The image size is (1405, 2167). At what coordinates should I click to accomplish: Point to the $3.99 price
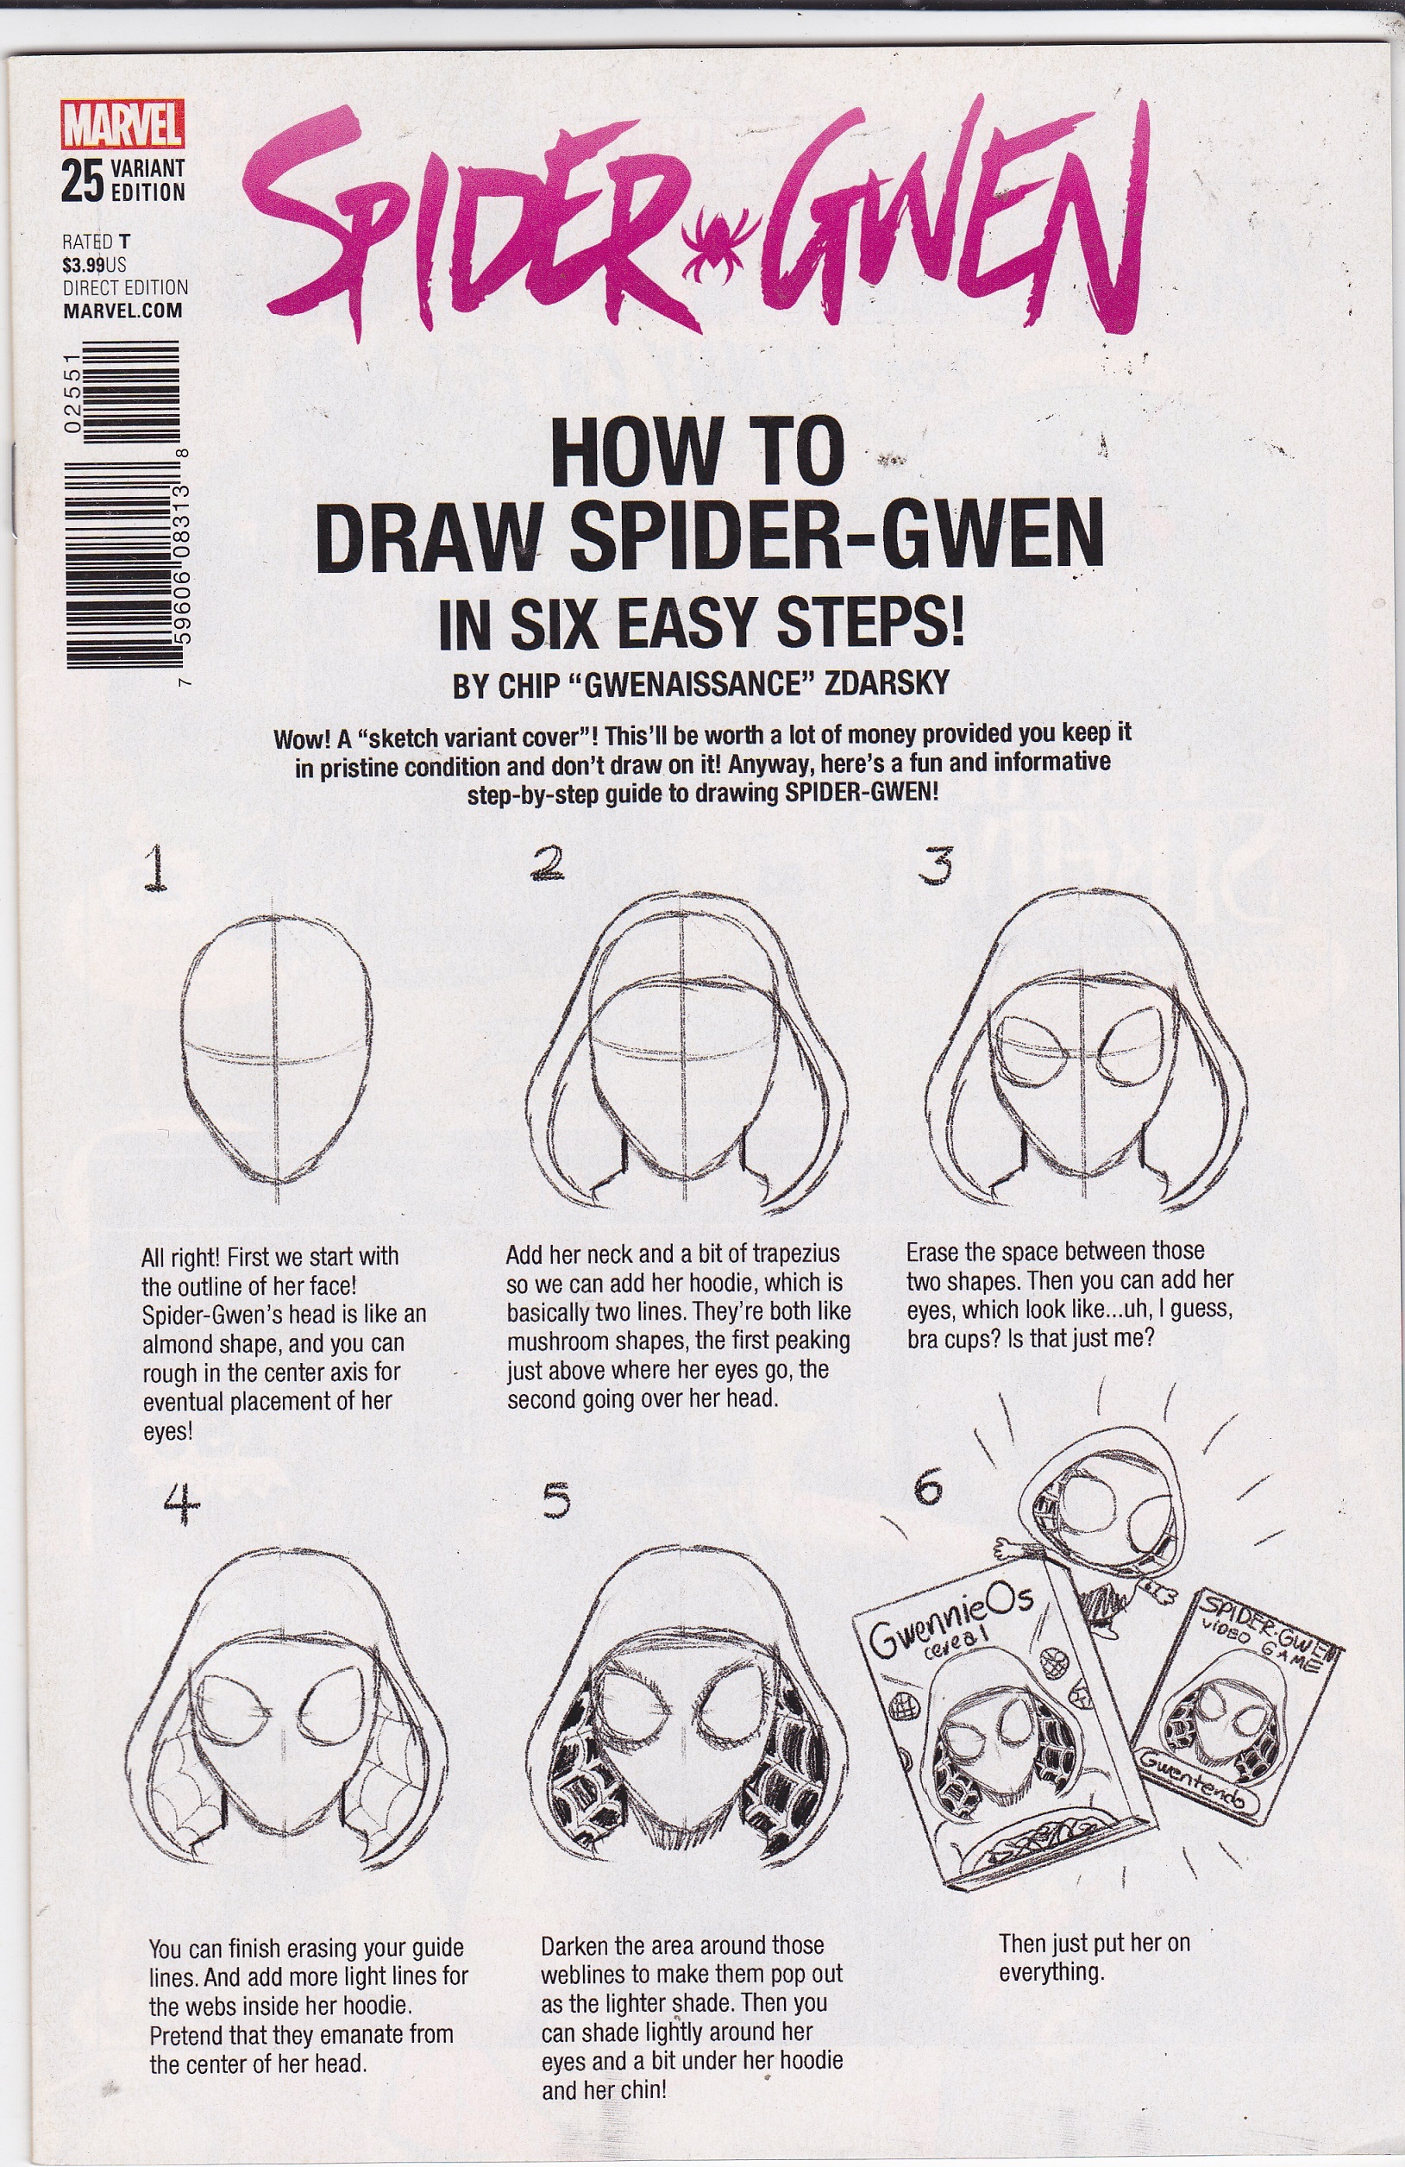click(x=83, y=265)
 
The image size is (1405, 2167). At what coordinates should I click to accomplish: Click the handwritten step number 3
click(x=935, y=866)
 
